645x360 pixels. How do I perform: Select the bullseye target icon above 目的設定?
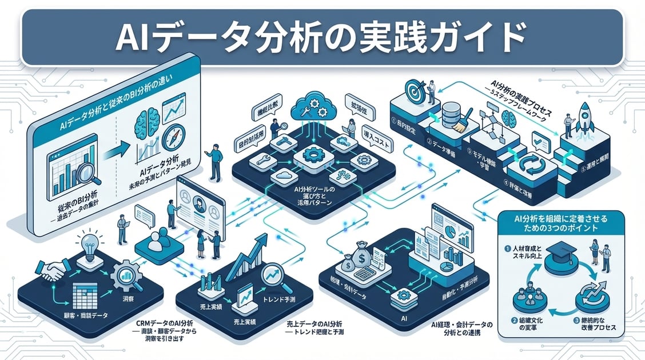click(416, 91)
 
